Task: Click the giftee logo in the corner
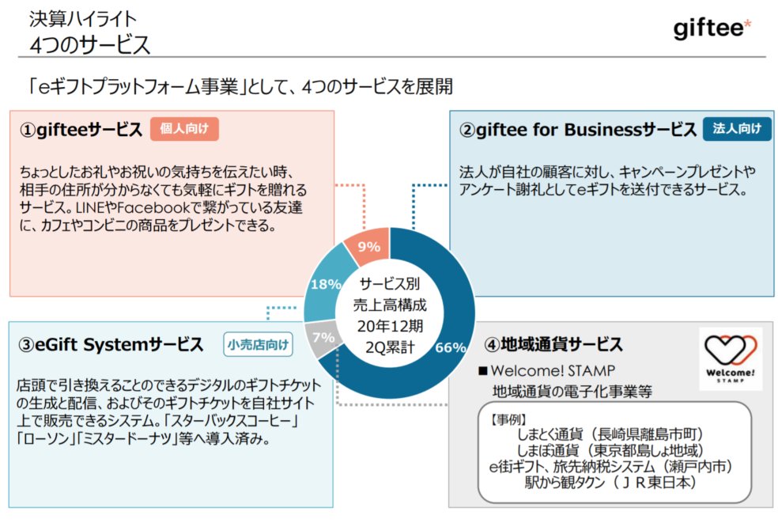coord(712,28)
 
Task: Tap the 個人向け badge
coord(183,129)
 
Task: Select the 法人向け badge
coord(736,129)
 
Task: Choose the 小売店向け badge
coord(258,344)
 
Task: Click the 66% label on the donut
coord(450,347)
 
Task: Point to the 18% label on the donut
coord(325,283)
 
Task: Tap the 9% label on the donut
coord(369,246)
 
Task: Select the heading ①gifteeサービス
coord(81,130)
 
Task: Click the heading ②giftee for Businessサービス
coord(577,130)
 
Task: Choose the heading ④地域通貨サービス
coord(553,345)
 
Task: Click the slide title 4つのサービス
coord(89,44)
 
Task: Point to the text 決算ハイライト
coord(83,17)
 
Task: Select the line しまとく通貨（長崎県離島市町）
coord(609,434)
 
